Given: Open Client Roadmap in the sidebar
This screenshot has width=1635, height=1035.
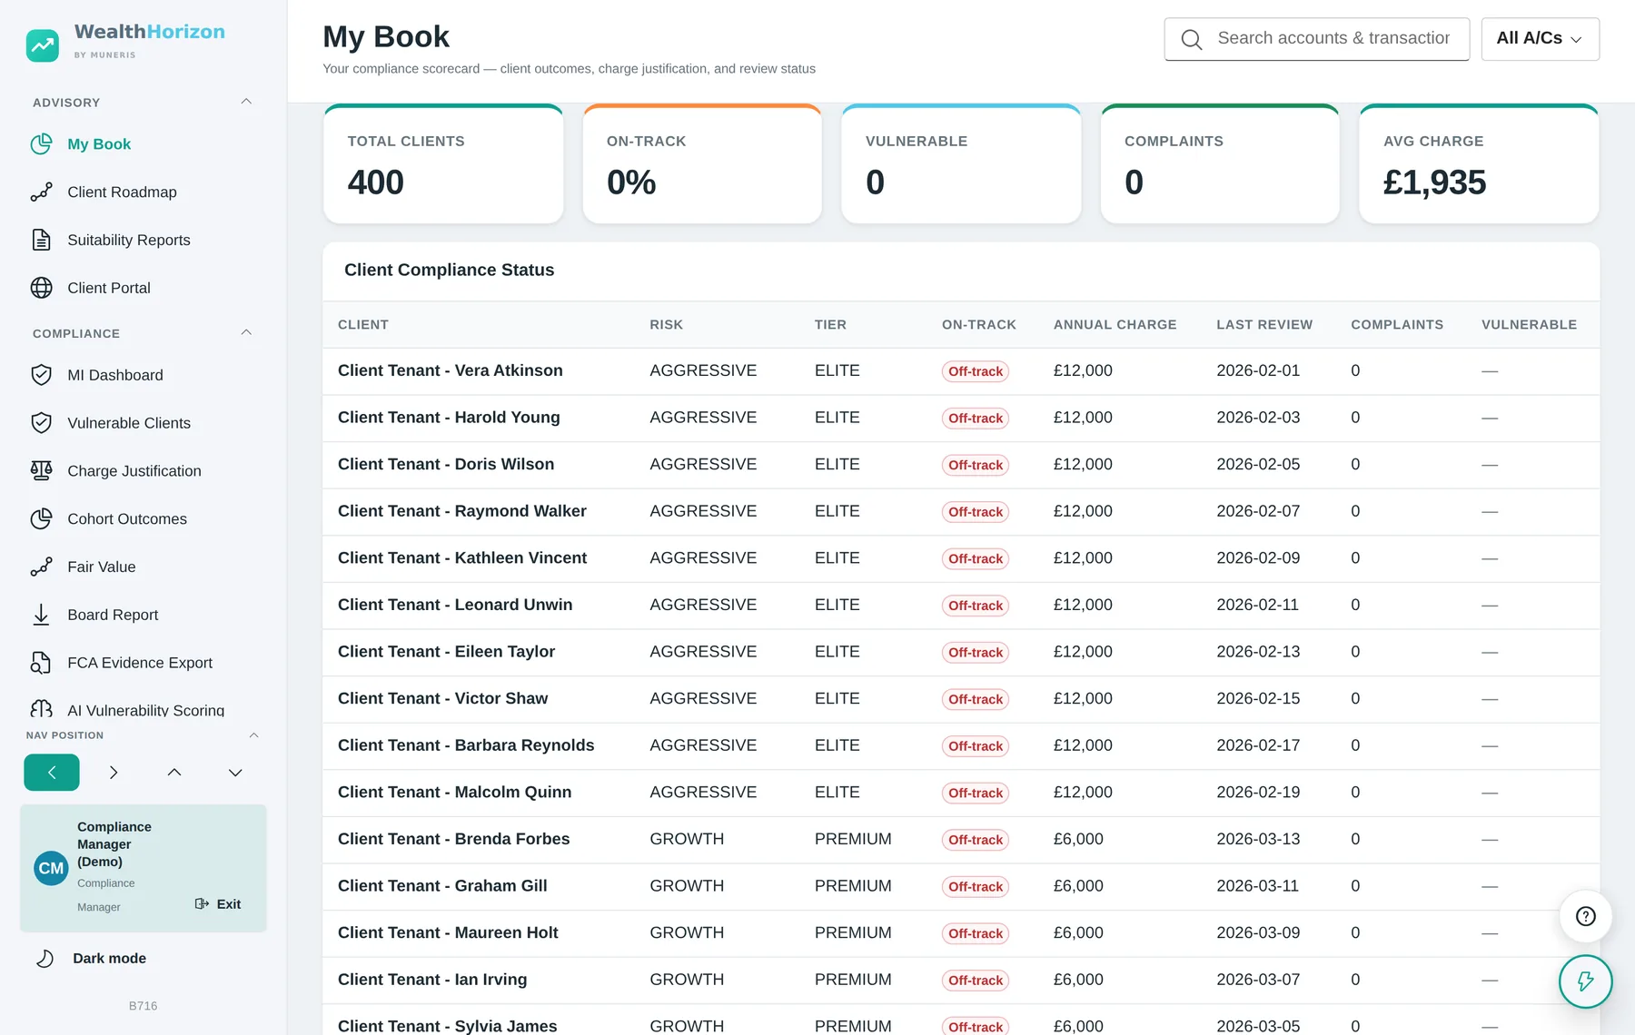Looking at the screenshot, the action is pos(122,192).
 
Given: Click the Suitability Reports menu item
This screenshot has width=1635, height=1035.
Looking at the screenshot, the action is pos(129,241).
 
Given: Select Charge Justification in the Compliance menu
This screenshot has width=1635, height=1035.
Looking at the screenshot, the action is pos(134,471).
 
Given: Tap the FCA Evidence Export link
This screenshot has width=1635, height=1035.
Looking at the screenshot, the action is pos(140,663).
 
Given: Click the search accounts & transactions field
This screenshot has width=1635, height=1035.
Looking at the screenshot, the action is pos(1317,39).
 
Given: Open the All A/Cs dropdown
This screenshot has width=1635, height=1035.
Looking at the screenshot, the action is pos(1540,39).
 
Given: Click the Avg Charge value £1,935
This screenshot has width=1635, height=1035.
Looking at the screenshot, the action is pos(1434,182).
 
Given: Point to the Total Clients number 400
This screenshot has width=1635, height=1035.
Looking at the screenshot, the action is pos(376,182).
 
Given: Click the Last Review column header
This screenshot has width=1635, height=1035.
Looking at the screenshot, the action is pos(1264,325).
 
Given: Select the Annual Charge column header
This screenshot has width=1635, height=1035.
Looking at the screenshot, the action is pos(1115,325).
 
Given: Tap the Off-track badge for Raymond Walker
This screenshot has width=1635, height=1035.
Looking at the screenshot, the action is pos(976,512).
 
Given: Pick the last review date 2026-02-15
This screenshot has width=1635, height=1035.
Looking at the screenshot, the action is pos(1258,699).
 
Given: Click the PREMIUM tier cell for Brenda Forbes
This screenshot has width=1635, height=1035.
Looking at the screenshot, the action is pos(853,840).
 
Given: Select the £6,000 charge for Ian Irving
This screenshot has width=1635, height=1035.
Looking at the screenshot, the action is pos(1078,981).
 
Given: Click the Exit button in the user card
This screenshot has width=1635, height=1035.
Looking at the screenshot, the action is pos(218,904).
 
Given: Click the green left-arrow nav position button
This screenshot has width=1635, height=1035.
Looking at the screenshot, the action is pos(52,773).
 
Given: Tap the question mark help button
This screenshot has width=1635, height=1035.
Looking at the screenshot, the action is pos(1586,916).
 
